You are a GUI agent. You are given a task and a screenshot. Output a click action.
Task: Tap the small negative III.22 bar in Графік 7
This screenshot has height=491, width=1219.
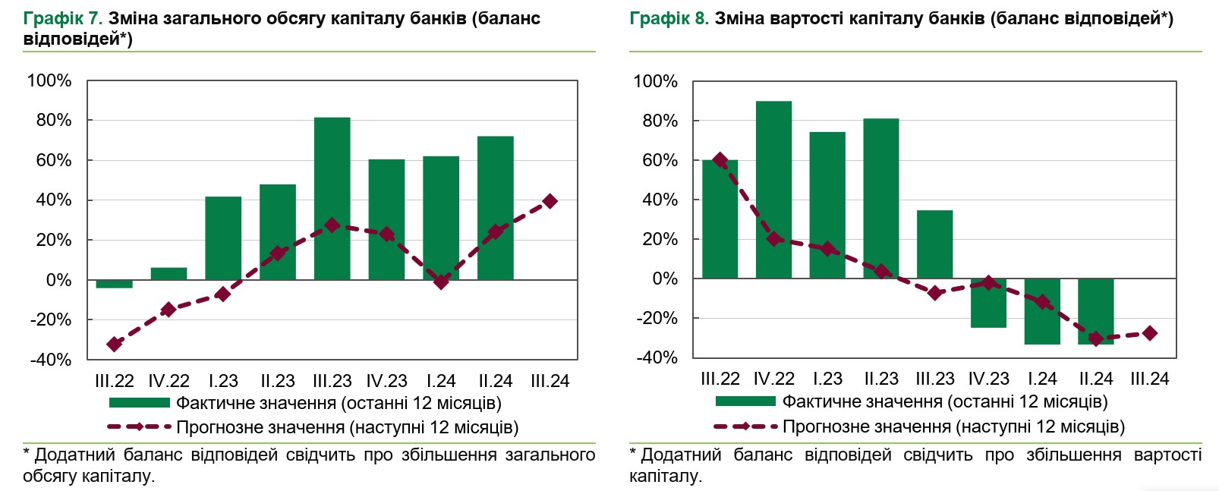tap(114, 284)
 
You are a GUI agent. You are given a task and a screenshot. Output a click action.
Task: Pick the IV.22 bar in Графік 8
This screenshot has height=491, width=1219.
tap(773, 190)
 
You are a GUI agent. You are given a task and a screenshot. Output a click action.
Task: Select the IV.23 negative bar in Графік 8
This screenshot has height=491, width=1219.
tap(988, 304)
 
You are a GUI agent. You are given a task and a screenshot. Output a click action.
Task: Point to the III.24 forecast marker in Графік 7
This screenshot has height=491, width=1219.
tap(550, 201)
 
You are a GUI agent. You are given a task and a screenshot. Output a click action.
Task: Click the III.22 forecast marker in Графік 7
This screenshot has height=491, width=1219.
tap(114, 344)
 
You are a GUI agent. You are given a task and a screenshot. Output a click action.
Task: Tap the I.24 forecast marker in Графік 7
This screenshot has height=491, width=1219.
tap(441, 282)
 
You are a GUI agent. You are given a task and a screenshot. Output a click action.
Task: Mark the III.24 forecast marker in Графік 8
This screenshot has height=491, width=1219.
tap(1149, 333)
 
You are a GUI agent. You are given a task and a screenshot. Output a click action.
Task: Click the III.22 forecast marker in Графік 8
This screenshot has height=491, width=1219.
tap(720, 160)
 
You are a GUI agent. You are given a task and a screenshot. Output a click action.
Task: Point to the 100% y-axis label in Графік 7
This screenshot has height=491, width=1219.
tap(49, 80)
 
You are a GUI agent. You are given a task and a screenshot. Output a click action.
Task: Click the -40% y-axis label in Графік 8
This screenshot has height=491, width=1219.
tap(657, 357)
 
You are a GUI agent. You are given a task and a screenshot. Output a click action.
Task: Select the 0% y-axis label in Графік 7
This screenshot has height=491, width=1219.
tap(58, 280)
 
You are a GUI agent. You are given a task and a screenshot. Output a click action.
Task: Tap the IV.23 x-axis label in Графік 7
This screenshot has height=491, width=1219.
tap(386, 381)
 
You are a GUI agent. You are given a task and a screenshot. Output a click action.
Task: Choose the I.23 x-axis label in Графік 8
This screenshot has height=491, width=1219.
tap(827, 379)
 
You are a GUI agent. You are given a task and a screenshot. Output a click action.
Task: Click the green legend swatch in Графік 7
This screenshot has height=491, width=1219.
tap(139, 403)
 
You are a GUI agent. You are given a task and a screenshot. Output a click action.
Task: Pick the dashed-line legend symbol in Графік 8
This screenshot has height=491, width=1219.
tap(745, 426)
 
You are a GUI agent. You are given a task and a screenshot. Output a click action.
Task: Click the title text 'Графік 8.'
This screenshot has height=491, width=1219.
tap(669, 18)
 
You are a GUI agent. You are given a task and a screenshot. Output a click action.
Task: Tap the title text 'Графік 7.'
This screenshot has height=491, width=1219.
tap(62, 18)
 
